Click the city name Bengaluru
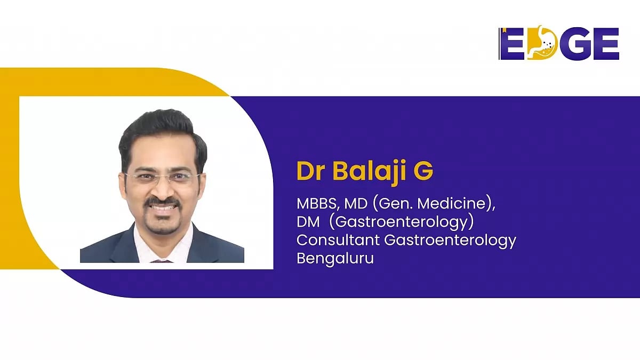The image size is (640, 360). (x=335, y=259)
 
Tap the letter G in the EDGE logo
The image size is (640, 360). (x=576, y=43)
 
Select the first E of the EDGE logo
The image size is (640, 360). (x=512, y=43)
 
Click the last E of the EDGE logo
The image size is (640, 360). (x=606, y=43)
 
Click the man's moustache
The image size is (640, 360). (x=163, y=202)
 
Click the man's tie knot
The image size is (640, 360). (x=162, y=261)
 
